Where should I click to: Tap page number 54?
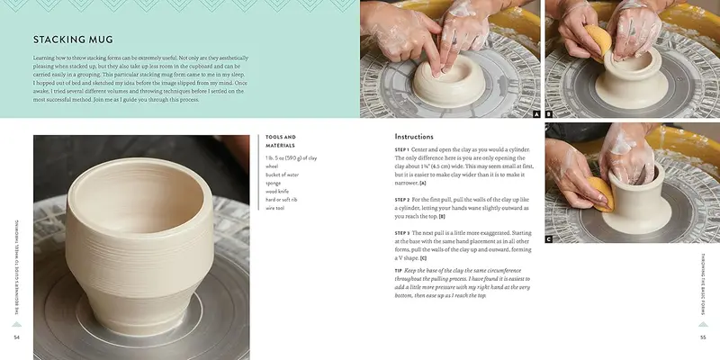tap(16, 337)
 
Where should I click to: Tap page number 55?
tap(703, 337)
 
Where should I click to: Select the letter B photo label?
tap(549, 114)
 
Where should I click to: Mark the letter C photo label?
tap(549, 239)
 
